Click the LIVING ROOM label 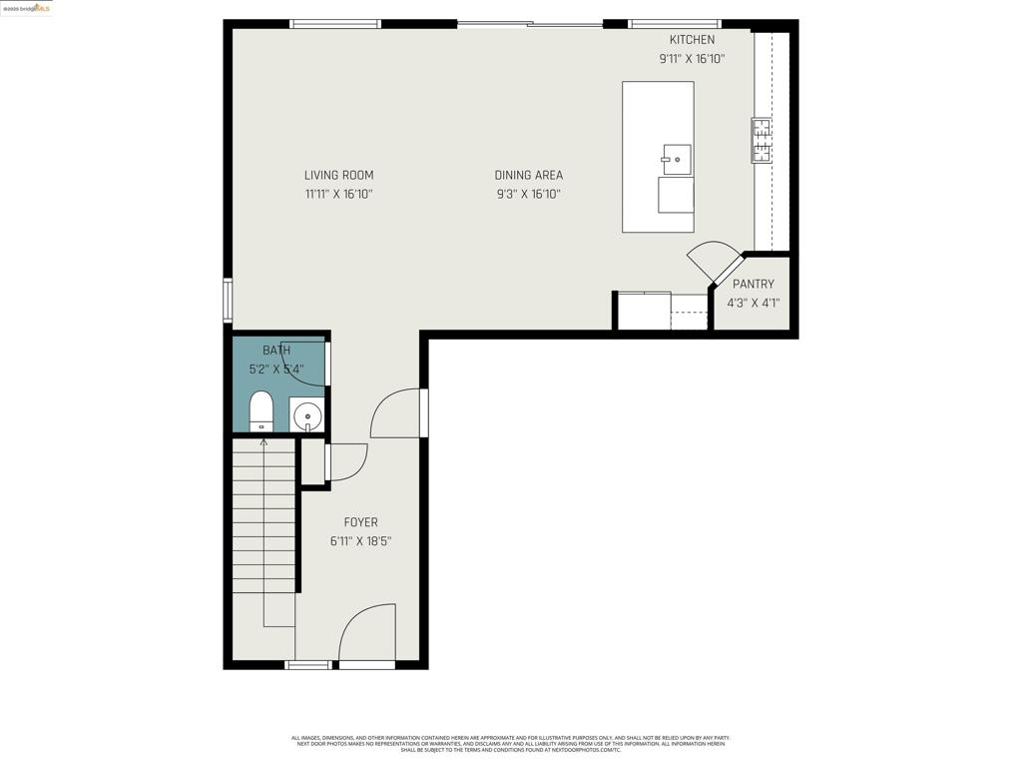[x=338, y=175]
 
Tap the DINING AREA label [x=528, y=175]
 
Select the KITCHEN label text [x=692, y=40]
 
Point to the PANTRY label [x=753, y=284]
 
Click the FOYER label [x=360, y=522]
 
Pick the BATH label [x=276, y=351]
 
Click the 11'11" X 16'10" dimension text [x=338, y=195]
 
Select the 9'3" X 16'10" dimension [x=528, y=195]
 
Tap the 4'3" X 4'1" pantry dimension [x=753, y=303]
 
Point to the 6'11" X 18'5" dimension [x=360, y=541]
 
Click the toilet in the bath [x=261, y=410]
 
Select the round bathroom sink [x=306, y=414]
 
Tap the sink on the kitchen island [x=677, y=159]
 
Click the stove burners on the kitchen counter [x=762, y=141]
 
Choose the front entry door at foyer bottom [x=367, y=635]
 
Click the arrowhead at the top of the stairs [x=263, y=441]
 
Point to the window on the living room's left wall [x=228, y=300]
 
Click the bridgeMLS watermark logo [x=26, y=8]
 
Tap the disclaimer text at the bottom [x=510, y=744]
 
